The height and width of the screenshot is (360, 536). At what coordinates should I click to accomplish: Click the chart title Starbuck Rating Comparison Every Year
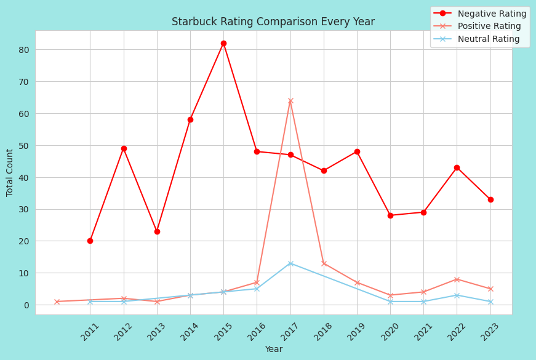[273, 22]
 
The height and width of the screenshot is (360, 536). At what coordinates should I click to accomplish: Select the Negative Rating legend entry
[492, 14]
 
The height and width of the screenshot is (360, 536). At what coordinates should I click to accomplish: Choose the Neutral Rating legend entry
[489, 39]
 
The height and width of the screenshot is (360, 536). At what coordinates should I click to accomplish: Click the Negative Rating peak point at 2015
[223, 44]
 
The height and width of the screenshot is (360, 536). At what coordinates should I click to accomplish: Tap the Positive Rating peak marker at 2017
[290, 101]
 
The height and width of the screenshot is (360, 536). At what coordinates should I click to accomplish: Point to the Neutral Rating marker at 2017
[290, 263]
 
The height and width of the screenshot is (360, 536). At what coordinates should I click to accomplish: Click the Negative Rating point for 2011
[90, 241]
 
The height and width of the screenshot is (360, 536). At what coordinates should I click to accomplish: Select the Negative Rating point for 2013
[157, 231]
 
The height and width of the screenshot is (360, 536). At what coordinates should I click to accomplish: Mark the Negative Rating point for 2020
[390, 215]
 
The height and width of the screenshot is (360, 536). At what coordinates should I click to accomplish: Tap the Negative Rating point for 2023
[490, 199]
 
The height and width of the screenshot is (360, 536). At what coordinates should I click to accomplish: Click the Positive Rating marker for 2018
[324, 263]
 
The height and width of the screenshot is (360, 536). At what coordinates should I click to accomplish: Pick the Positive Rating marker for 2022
[457, 279]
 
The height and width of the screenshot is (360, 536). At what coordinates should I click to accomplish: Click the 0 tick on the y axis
[26, 305]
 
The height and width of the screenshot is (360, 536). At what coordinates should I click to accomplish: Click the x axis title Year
[273, 350]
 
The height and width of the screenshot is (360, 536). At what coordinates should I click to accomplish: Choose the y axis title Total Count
[10, 172]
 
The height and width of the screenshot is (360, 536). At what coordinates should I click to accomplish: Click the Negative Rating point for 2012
[124, 148]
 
